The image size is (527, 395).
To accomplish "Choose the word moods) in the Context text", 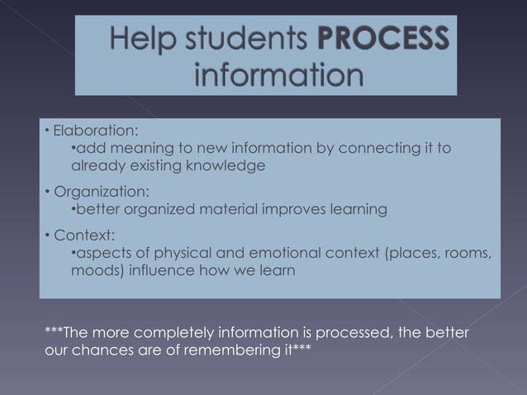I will point(94,269).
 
